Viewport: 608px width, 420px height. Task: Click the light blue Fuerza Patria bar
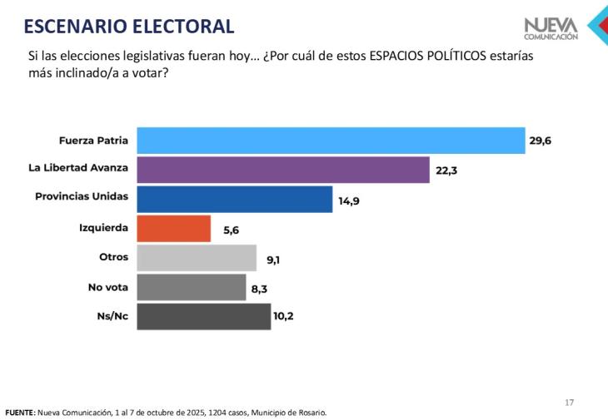(x=331, y=141)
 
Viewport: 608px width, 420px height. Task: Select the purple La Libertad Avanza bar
(x=283, y=170)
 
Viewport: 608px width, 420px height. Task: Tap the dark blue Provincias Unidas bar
(x=234, y=200)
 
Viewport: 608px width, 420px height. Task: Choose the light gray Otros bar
(x=197, y=258)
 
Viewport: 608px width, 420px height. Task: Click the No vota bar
(x=192, y=287)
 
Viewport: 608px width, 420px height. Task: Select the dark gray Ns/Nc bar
(x=203, y=317)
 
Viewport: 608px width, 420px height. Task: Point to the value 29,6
(x=540, y=141)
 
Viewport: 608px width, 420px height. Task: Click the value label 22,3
(x=445, y=170)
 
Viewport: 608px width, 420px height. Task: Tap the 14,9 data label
(x=348, y=200)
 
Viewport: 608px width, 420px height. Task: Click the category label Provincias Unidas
(x=82, y=196)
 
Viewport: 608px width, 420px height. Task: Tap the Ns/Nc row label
(x=112, y=316)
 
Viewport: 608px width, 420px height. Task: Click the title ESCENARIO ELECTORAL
(x=129, y=27)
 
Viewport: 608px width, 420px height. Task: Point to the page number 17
(x=570, y=403)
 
